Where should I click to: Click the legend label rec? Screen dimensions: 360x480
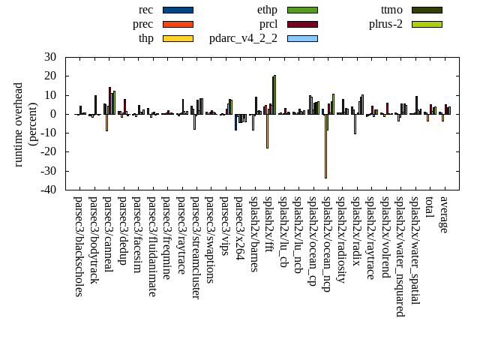[146, 10]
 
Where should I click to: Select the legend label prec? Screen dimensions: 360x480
[142, 24]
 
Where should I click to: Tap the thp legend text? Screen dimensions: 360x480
[145, 38]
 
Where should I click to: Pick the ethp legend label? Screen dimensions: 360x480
[266, 10]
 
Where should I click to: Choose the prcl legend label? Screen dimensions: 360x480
[268, 24]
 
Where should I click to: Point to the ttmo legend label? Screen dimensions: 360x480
[391, 10]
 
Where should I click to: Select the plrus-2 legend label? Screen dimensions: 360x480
[385, 24]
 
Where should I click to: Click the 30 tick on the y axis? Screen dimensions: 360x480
[50, 57]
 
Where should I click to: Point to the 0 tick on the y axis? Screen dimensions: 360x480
[53, 114]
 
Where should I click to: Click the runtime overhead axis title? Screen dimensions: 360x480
[25, 124]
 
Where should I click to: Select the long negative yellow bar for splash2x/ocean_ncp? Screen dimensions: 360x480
[325, 146]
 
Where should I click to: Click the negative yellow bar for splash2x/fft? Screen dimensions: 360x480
[267, 131]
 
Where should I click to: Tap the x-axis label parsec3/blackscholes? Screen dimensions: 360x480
[78, 247]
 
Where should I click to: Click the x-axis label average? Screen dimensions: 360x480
[444, 214]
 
